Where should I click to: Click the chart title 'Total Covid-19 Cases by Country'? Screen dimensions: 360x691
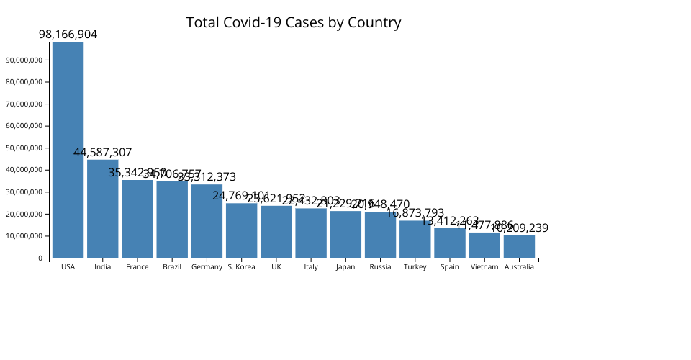294,22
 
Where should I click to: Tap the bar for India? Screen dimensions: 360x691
102,209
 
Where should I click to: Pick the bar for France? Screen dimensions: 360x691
137,219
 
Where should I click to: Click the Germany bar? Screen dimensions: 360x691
207,221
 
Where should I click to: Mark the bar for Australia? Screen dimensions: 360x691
519,246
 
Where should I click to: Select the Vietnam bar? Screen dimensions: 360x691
484,245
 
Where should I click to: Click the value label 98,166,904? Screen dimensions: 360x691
68,34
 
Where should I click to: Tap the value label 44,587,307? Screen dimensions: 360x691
102,152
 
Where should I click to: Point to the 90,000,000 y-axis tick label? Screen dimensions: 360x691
25,60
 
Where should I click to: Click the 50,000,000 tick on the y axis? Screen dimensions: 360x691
25,148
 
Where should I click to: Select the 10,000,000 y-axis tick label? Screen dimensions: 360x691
25,236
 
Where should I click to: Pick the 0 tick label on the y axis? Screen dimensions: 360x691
40,258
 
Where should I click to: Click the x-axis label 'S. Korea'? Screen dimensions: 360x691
241,267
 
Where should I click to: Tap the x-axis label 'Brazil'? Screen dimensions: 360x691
172,267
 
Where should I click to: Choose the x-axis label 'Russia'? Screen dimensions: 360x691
380,267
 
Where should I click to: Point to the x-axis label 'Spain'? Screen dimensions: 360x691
450,267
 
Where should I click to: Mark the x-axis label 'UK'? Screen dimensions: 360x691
276,267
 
